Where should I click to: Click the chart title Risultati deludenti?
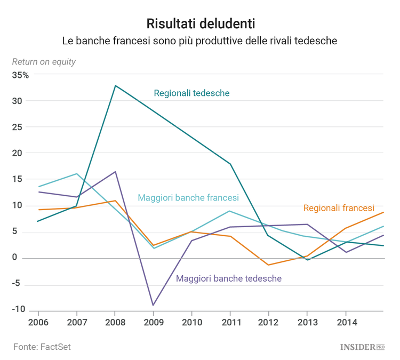pyautogui.click(x=200, y=23)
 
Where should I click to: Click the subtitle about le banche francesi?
pyautogui.click(x=200, y=41)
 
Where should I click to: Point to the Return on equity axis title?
pyautogui.click(x=44, y=62)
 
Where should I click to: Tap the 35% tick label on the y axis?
pyautogui.click(x=21, y=75)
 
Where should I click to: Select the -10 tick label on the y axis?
pyautogui.click(x=19, y=309)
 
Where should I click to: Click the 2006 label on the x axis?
pyautogui.click(x=38, y=323)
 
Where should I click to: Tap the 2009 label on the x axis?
pyautogui.click(x=154, y=323)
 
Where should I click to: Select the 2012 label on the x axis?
pyautogui.click(x=269, y=323)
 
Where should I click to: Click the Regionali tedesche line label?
pyautogui.click(x=191, y=93)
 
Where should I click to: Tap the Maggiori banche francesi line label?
pyautogui.click(x=188, y=198)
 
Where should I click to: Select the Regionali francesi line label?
pyautogui.click(x=339, y=208)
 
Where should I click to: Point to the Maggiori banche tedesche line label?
pyautogui.click(x=229, y=278)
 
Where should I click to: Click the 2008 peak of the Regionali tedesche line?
pyautogui.click(x=115, y=85)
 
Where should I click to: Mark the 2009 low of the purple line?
pyautogui.click(x=154, y=305)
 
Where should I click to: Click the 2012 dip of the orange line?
pyautogui.click(x=268, y=265)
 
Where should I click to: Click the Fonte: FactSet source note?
pyautogui.click(x=42, y=347)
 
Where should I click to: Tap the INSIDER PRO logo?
pyautogui.click(x=362, y=347)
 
